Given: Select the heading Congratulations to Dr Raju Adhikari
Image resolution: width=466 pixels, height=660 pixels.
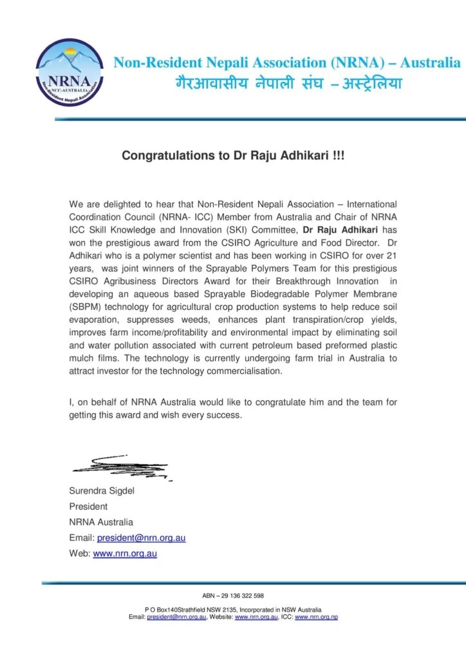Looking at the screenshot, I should pyautogui.click(x=233, y=156).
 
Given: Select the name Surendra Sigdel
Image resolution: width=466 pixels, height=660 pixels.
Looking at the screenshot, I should pyautogui.click(x=102, y=491).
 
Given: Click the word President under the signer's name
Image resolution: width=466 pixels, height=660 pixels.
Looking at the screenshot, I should pyautogui.click(x=88, y=507).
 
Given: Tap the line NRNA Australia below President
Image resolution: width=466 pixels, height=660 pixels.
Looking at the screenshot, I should pyautogui.click(x=101, y=522).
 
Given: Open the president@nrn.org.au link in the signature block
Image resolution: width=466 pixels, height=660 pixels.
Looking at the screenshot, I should pyautogui.click(x=141, y=538).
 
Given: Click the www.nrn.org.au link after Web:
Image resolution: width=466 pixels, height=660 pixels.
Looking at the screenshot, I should pyautogui.click(x=125, y=553).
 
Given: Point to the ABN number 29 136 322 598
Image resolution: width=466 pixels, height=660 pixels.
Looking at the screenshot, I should pyautogui.click(x=233, y=596).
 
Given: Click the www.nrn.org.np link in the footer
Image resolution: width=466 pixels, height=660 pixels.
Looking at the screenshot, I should pyautogui.click(x=316, y=617).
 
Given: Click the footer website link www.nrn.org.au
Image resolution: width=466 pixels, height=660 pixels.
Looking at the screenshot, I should pyautogui.click(x=256, y=617).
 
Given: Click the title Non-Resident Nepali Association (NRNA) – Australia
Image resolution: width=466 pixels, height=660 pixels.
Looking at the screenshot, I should pyautogui.click(x=287, y=63).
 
